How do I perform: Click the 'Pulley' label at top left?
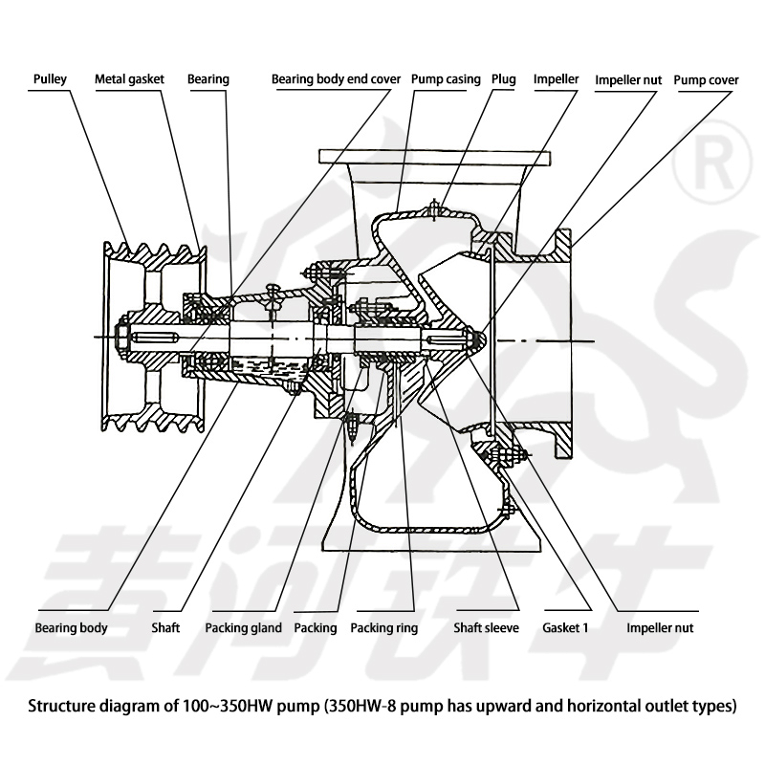tap(49, 79)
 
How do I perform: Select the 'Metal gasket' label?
tap(129, 79)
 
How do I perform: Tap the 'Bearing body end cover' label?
tap(329, 79)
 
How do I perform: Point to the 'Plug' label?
tap(504, 79)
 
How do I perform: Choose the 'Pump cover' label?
tap(706, 79)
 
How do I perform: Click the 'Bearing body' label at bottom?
tap(71, 628)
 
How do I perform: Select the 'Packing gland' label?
tap(243, 628)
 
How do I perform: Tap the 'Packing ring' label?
tap(383, 628)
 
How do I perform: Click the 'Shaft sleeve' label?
tap(486, 628)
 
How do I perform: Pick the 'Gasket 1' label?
tap(565, 628)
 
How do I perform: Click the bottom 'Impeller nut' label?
tap(660, 628)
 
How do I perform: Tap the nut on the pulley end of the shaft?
tap(122, 337)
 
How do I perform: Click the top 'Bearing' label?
tap(208, 79)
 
